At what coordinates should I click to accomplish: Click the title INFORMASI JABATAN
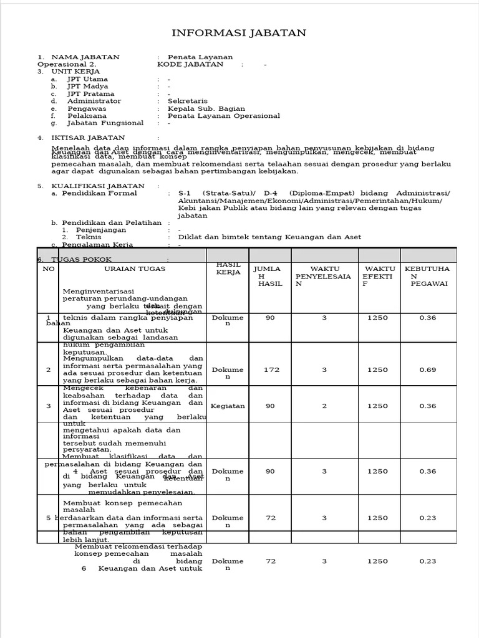(239, 33)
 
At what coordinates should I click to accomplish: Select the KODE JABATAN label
(190, 64)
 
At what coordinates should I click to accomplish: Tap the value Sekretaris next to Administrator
(188, 101)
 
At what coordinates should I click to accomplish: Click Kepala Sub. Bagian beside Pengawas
(206, 108)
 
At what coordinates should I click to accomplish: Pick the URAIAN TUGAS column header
(135, 269)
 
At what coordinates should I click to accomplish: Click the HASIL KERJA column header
(228, 269)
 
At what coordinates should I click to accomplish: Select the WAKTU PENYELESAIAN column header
(324, 275)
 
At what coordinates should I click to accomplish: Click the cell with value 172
(270, 369)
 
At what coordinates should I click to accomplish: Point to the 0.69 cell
(427, 369)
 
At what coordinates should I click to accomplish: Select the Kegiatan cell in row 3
(228, 406)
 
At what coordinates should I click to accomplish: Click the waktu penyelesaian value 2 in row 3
(324, 406)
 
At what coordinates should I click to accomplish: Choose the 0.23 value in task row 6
(427, 561)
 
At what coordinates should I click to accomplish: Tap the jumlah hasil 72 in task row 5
(270, 518)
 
